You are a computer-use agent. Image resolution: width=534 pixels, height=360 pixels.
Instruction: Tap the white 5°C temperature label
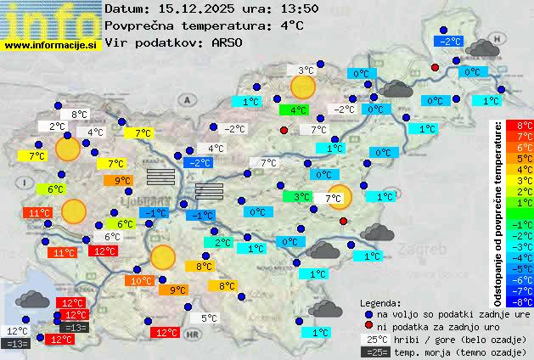207,319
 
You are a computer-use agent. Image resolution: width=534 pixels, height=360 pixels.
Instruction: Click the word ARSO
229,42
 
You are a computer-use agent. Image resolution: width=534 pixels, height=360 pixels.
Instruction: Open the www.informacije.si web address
51,45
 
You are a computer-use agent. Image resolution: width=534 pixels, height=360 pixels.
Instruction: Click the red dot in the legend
368,326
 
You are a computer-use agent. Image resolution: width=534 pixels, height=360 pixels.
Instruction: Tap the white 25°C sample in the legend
374,339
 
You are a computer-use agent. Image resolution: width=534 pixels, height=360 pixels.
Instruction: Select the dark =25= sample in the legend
374,352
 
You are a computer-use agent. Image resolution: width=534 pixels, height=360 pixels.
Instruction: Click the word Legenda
380,302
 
